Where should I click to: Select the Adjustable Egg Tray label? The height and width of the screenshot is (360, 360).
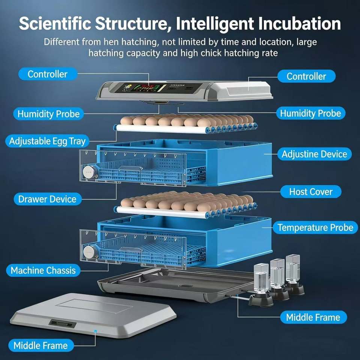47,141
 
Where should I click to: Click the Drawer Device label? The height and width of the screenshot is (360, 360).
47,199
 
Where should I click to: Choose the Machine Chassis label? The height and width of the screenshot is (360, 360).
43,270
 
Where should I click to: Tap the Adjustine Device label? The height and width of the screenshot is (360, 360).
314,154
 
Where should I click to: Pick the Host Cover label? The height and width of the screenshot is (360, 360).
310,192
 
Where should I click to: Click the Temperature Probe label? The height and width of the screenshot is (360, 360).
315,228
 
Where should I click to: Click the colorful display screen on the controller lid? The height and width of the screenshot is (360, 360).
145,88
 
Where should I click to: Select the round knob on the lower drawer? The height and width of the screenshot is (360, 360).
90,252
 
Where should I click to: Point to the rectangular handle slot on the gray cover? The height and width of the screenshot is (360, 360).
63,324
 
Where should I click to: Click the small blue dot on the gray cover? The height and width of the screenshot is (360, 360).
96,331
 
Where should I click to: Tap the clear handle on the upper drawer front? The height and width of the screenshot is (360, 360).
130,168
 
